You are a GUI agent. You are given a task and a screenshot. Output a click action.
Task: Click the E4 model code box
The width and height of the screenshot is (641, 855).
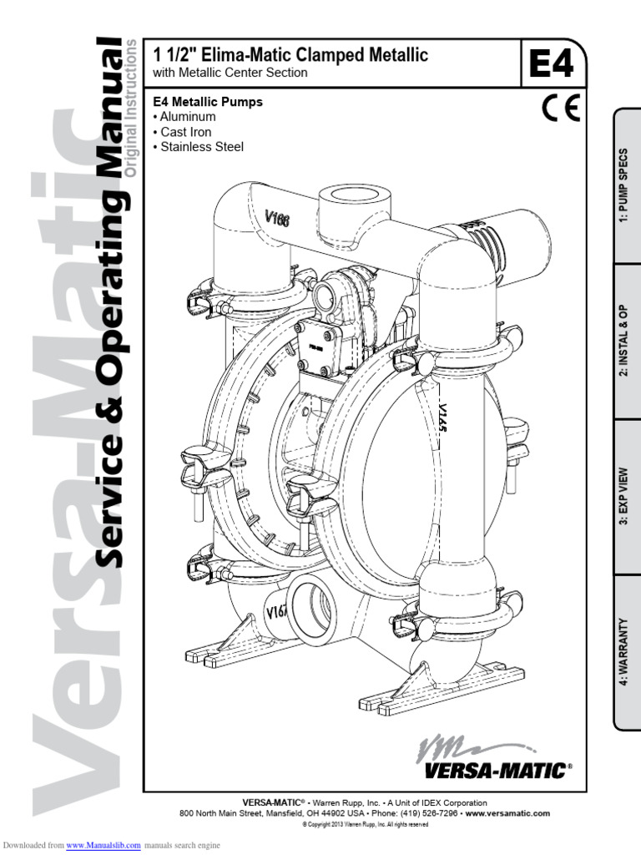tap(553, 63)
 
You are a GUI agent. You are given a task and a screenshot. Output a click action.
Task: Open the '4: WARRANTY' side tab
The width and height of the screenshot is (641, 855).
tap(627, 652)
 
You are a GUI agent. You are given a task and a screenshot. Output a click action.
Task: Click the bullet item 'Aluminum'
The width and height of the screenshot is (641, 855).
tap(188, 117)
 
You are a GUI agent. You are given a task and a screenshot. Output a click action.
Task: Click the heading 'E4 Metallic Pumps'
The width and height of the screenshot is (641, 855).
tap(208, 102)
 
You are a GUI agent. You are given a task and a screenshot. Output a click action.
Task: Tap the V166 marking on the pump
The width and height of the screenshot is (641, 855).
tap(278, 222)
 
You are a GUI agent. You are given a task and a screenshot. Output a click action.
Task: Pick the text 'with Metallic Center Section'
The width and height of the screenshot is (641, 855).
tap(230, 73)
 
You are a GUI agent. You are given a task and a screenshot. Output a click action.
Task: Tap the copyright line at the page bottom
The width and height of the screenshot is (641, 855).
tap(365, 824)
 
